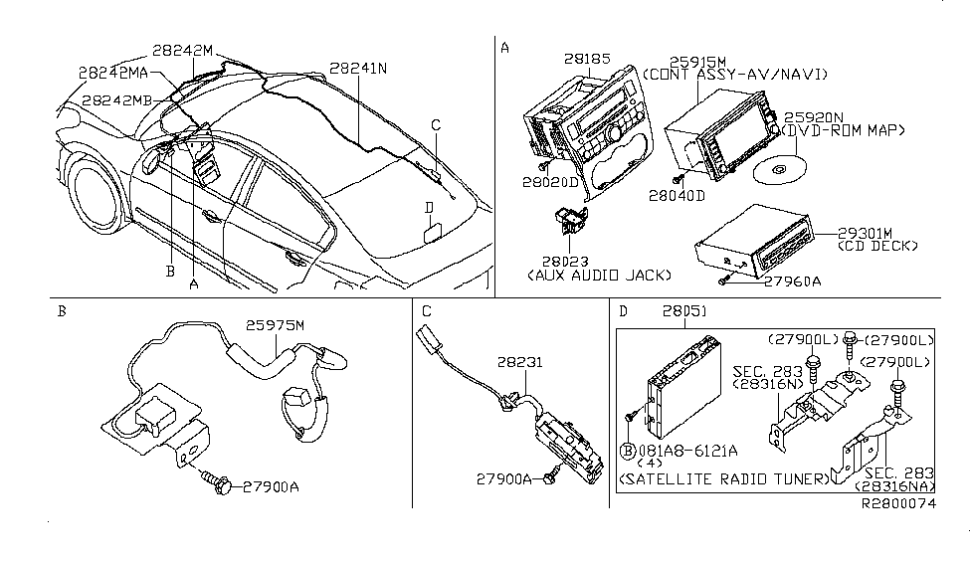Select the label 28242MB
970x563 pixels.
coord(117,100)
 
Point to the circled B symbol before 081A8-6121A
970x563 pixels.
coord(631,449)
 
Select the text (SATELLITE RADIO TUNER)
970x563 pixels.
coord(723,479)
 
